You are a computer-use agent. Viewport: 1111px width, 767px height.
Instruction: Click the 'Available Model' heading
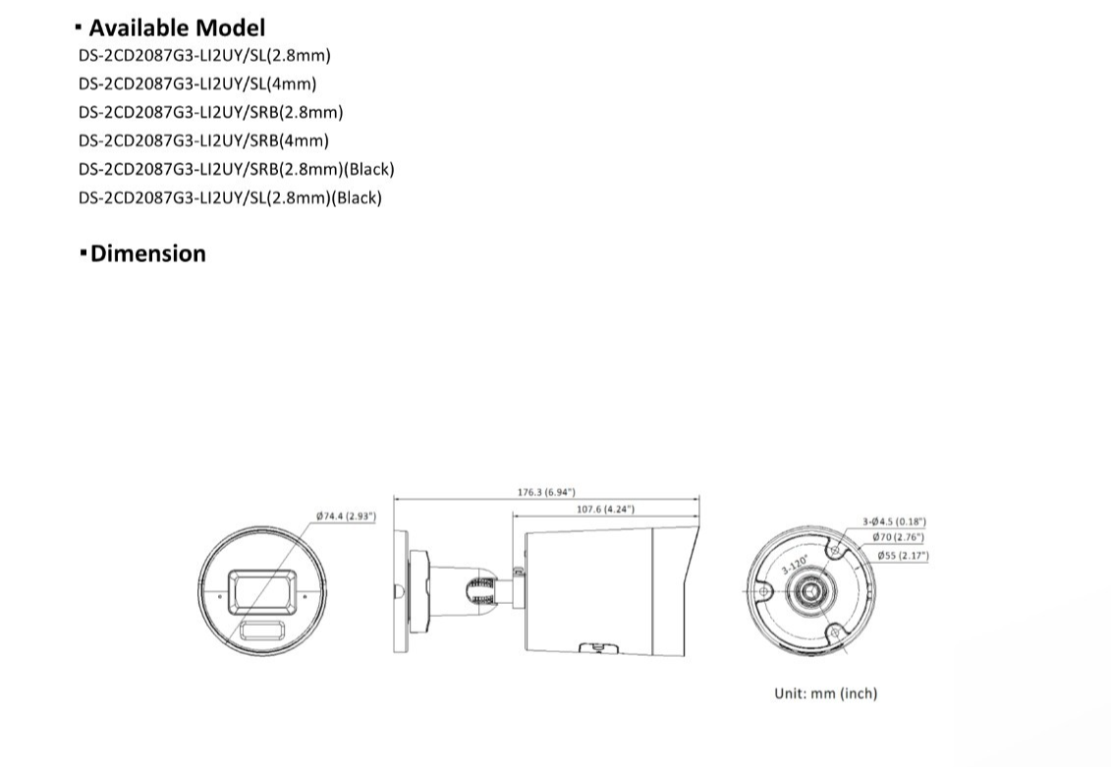coord(177,27)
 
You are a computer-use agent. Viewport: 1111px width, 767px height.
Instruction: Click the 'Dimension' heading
coord(147,253)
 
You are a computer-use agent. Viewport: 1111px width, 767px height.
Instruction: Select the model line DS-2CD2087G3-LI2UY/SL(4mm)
coord(197,83)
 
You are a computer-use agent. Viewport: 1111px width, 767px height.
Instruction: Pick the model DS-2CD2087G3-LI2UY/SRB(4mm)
coord(203,140)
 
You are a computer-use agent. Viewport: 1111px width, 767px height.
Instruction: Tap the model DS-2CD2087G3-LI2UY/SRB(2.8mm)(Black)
coord(237,169)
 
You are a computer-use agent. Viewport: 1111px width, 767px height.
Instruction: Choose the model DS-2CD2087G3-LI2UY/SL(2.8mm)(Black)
coord(230,197)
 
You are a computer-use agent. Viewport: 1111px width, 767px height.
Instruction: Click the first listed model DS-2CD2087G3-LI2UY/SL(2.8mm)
coord(204,55)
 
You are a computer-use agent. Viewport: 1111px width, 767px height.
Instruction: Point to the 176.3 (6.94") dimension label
coord(546,491)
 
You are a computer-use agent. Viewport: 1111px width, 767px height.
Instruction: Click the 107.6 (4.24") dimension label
coord(605,509)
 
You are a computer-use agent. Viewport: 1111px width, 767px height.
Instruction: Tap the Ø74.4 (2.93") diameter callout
coord(346,516)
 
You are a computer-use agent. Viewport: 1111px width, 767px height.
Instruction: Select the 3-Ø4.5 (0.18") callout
coord(894,521)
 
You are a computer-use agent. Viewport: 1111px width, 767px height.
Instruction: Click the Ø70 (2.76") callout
coord(898,537)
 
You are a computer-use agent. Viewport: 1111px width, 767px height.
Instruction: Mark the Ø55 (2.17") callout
coord(903,556)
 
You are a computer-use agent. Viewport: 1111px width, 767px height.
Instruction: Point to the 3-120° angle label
coord(794,566)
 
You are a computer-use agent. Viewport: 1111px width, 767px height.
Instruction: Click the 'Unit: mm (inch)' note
coord(825,693)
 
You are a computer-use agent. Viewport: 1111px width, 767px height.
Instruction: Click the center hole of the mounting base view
coord(811,592)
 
